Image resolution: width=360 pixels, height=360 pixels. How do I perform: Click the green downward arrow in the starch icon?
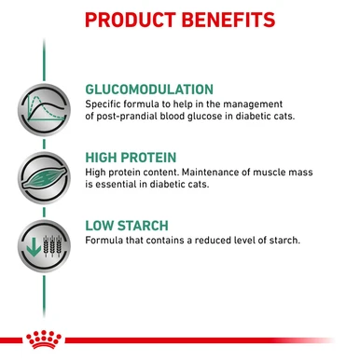(33, 245)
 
